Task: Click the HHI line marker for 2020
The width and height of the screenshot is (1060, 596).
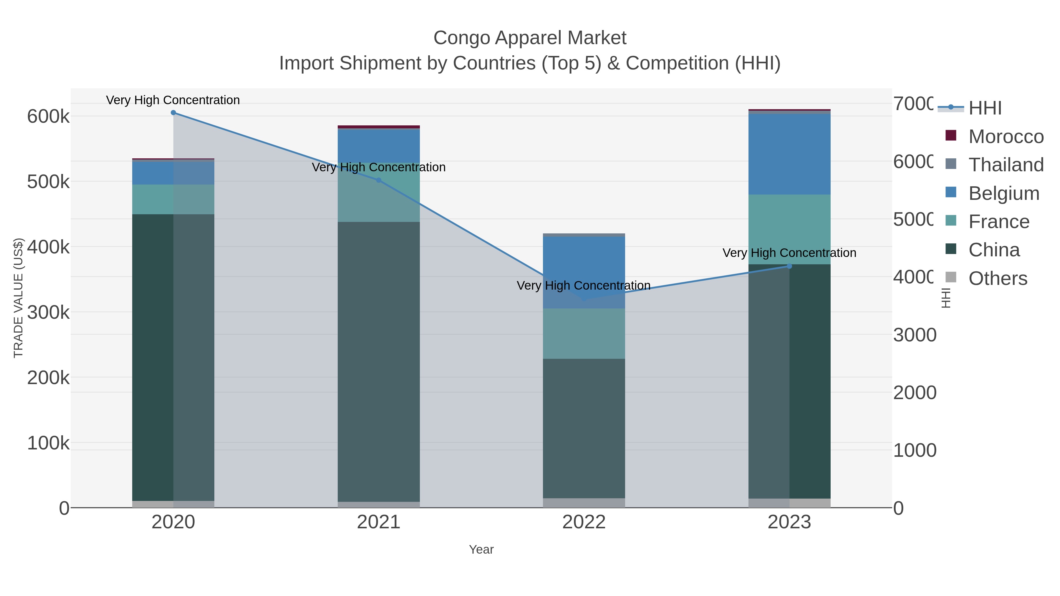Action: [173, 113]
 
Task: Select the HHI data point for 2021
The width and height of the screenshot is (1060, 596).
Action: [379, 180]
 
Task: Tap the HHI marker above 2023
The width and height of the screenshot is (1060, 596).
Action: [789, 266]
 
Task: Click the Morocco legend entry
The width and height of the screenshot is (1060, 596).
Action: [1006, 137]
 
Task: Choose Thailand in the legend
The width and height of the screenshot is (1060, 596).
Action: [1006, 165]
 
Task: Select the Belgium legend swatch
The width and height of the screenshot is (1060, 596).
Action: [951, 192]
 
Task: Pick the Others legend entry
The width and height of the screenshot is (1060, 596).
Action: [998, 278]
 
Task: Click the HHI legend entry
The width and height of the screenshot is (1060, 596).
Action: [985, 108]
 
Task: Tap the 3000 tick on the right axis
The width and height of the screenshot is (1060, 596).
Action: [914, 335]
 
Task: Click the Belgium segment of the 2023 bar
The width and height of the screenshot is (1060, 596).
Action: [789, 154]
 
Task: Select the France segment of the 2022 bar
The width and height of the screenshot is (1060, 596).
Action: [584, 333]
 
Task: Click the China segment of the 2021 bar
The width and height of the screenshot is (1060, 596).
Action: [379, 362]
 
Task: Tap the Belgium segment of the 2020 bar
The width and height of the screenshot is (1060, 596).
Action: [173, 173]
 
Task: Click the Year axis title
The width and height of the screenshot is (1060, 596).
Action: [481, 549]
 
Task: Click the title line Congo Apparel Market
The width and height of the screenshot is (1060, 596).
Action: [530, 38]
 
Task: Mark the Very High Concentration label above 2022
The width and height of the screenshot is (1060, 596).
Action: [584, 285]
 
